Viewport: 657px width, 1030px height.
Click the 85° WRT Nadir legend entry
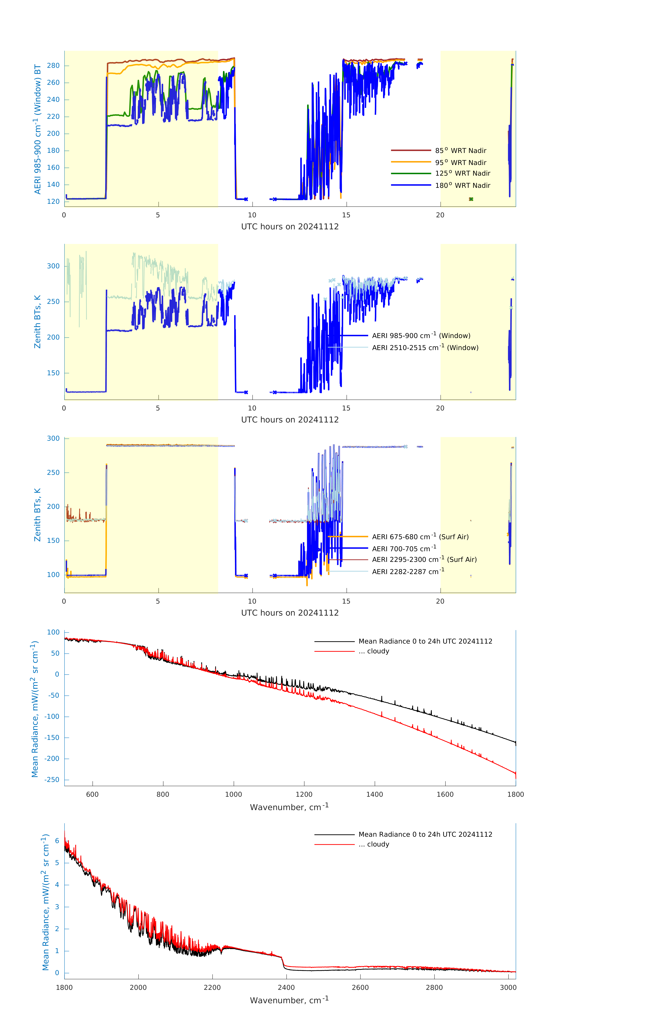pos(461,151)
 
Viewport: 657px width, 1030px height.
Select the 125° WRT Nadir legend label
pos(462,173)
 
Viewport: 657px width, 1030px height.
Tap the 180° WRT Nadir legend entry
pos(462,185)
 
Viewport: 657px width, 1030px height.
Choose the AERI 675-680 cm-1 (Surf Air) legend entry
pos(420,537)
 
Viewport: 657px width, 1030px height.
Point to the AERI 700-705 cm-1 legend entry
pos(404,549)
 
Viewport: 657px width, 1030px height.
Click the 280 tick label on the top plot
pos(53,65)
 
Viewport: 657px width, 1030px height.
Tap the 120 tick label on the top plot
pos(53,202)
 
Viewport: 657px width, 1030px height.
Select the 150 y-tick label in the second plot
pos(53,373)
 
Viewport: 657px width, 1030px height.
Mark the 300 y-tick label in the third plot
pos(53,438)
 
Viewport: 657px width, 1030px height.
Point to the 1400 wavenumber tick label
pos(374,794)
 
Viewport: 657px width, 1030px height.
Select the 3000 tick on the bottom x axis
pos(508,988)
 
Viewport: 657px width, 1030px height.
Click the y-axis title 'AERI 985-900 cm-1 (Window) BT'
pos(38,129)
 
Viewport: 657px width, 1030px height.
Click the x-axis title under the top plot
pos(290,227)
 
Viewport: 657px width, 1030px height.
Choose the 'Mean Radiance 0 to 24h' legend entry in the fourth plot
pos(425,641)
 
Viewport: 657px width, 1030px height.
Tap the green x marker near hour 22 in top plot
pos(471,199)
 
